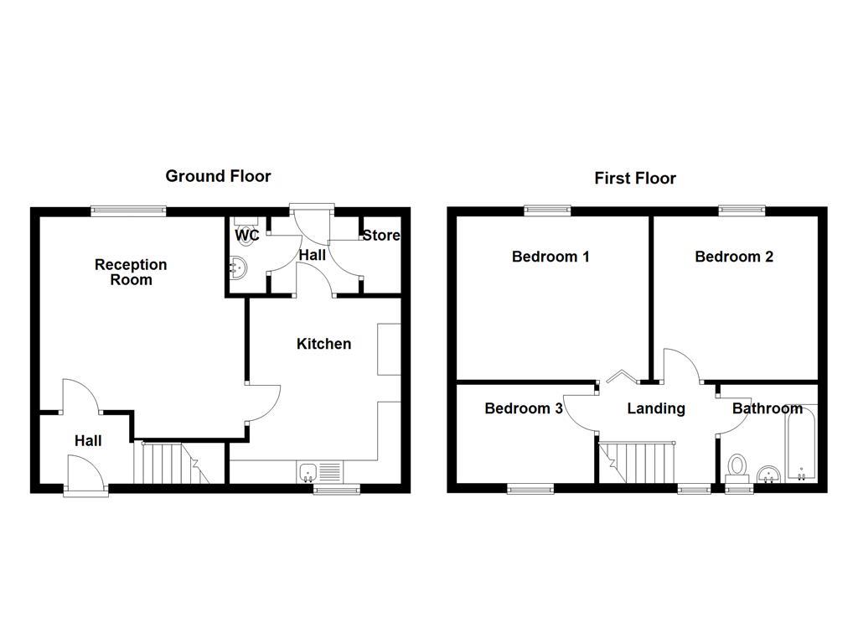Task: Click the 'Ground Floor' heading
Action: point(218,176)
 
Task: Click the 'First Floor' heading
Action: point(635,178)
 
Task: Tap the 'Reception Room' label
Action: point(131,272)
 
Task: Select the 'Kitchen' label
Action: point(323,344)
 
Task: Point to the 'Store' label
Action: point(381,236)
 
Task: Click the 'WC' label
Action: point(246,236)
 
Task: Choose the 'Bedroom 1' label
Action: point(550,257)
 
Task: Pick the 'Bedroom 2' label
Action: point(734,257)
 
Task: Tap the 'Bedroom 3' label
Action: point(524,409)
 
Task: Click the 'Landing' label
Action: point(657,409)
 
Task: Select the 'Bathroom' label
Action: point(768,409)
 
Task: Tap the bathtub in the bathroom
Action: point(800,444)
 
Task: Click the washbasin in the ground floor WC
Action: point(236,267)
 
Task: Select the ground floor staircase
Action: point(171,463)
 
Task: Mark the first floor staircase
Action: point(638,463)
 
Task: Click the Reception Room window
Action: point(128,211)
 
